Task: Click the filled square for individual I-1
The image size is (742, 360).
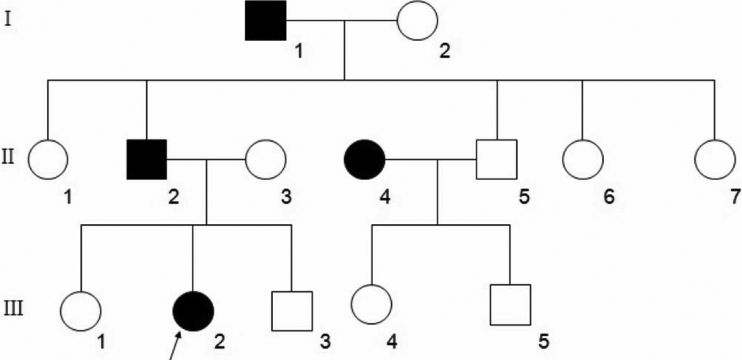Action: tap(266, 20)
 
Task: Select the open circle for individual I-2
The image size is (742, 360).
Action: tap(417, 20)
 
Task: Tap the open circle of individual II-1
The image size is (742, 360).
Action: tap(48, 159)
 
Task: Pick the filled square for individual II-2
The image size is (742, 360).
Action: tap(147, 159)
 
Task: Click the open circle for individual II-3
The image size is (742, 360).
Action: tap(266, 159)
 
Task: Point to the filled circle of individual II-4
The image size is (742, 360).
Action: tap(364, 159)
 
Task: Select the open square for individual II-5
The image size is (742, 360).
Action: tap(496, 159)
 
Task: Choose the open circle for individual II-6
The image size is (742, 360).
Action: tap(583, 159)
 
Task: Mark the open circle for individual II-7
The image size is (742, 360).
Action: tap(715, 159)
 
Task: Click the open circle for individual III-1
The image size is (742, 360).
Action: tap(81, 311)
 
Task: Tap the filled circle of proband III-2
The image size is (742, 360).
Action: tap(193, 311)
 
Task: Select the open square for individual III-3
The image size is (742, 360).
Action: tap(292, 311)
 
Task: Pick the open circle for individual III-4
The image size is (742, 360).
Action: tap(372, 304)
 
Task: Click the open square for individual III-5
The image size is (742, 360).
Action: tap(510, 304)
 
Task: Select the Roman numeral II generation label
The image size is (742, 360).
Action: tap(10, 159)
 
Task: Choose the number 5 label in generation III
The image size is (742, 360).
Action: tap(543, 341)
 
